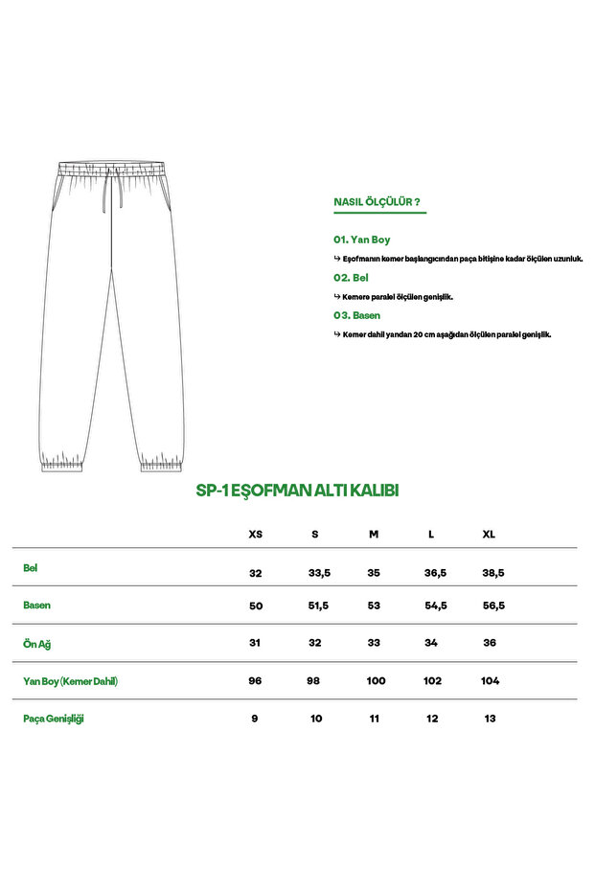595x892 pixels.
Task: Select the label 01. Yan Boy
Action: pos(361,240)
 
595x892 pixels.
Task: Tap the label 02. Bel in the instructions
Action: pos(351,277)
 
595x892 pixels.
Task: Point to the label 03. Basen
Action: pos(356,315)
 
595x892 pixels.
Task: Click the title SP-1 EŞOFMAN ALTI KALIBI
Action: pos(297,490)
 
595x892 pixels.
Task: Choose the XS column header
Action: pos(255,534)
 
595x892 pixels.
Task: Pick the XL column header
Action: pos(489,534)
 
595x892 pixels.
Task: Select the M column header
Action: pos(374,534)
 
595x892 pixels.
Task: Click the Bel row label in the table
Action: pos(31,567)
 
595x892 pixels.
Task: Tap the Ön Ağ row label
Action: pos(36,643)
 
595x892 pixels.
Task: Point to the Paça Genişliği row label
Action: pos(54,719)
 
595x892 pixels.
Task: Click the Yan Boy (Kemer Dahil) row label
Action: pos(70,681)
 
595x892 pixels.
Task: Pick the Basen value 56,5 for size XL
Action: pos(492,606)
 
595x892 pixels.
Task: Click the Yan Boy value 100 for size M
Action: pos(376,681)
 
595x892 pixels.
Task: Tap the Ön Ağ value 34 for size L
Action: pos(431,643)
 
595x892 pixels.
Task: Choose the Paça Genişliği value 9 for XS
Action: pos(255,719)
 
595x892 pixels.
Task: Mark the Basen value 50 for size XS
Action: pos(255,606)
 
